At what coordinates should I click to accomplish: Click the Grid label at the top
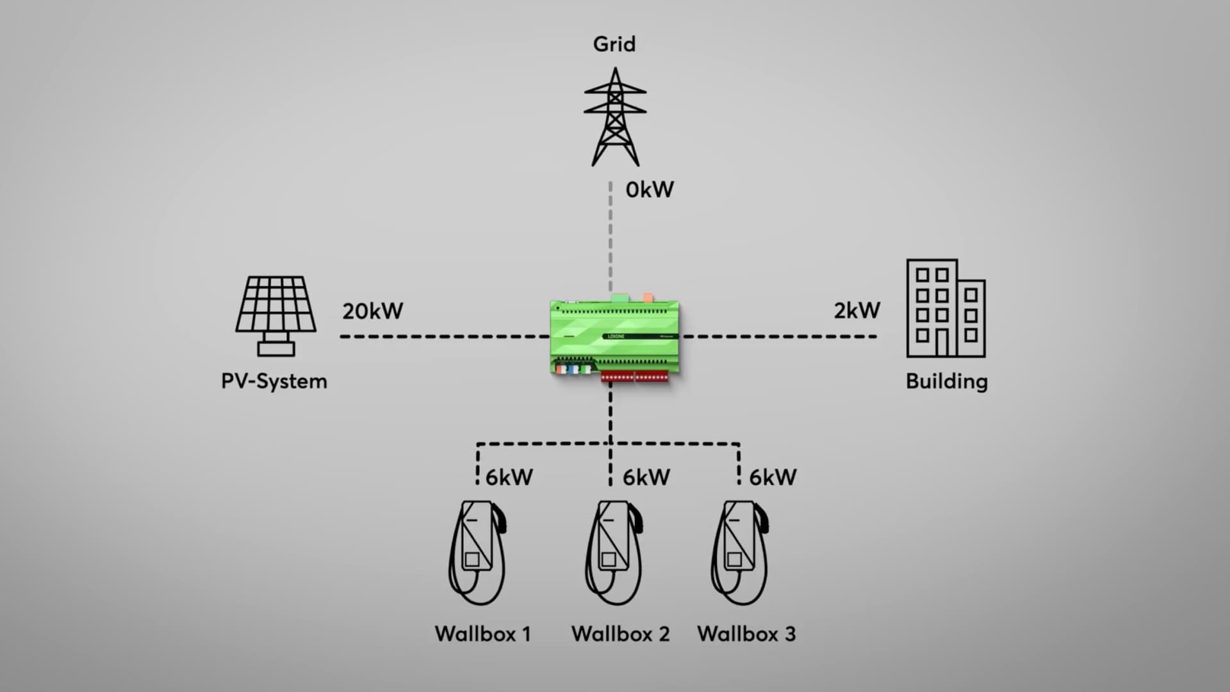pos(614,44)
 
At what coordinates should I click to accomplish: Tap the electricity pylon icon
pos(615,118)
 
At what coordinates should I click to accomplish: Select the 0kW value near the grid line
pos(649,190)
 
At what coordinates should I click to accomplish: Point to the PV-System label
pos(274,381)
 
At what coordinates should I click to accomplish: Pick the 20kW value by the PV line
pos(372,311)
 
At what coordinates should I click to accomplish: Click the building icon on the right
pos(946,308)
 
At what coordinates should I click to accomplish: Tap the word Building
pos(946,381)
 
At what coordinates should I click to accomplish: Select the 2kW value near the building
pos(857,311)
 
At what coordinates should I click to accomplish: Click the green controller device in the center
pos(614,336)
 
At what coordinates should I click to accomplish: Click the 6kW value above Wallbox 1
pos(509,477)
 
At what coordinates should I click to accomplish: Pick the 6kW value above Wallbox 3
pos(773,477)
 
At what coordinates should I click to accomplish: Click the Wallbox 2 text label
pos(620,634)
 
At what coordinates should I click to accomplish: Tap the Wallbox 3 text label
pos(746,634)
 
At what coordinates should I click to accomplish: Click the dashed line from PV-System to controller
pos(442,336)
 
